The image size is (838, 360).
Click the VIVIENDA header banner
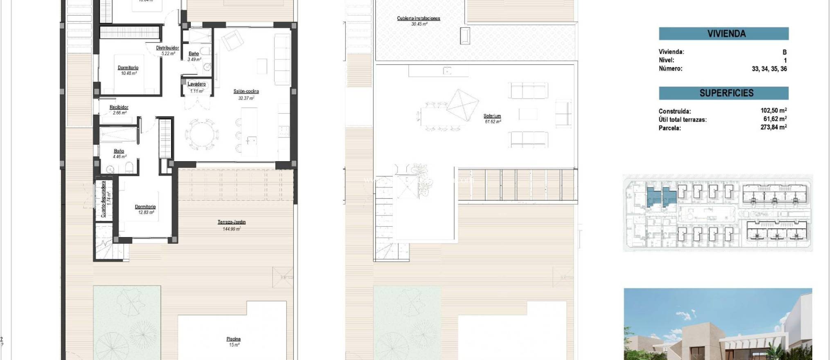coord(723,34)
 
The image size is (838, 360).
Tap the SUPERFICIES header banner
coord(723,93)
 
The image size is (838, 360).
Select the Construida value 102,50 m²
coord(773,110)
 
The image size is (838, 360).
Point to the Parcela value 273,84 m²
coord(773,127)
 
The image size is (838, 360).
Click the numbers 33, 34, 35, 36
coord(769,69)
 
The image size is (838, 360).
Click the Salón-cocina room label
coord(246,92)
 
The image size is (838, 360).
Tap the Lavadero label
coord(196,84)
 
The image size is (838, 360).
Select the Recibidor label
coord(119,107)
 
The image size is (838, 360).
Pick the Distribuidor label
coord(167,48)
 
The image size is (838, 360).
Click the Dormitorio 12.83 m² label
coord(145,207)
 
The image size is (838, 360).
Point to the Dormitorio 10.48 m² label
coord(128,68)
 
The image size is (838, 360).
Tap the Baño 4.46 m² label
coord(119,151)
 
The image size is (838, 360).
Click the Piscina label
coord(234,339)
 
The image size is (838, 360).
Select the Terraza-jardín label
coord(232,222)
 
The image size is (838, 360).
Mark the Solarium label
coord(492,116)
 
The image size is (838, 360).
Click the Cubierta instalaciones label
coord(419,18)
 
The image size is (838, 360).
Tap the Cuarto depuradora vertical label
coord(104,199)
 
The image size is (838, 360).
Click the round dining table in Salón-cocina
coord(201,135)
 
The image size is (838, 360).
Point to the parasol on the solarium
coord(462,105)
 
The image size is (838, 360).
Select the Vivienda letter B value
coord(784,52)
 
